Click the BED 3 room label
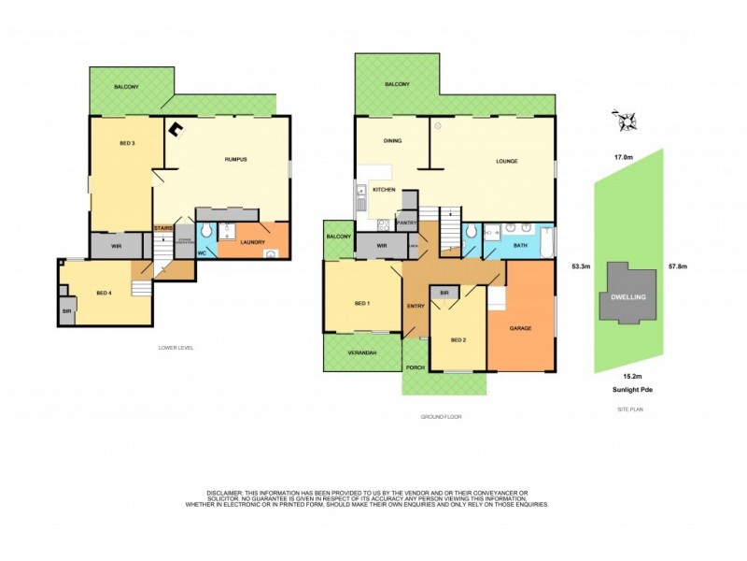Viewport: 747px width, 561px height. (128, 143)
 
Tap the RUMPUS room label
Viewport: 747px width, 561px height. (235, 160)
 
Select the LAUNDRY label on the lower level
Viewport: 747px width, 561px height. (253, 243)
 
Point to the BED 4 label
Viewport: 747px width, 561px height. (104, 293)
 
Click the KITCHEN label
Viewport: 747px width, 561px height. (384, 190)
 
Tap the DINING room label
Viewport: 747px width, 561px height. (392, 141)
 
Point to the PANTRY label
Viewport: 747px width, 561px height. (406, 223)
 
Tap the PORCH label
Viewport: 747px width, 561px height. (416, 367)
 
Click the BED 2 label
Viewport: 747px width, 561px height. (457, 339)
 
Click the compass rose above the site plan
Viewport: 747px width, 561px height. (624, 121)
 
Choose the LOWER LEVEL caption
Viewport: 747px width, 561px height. (176, 348)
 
